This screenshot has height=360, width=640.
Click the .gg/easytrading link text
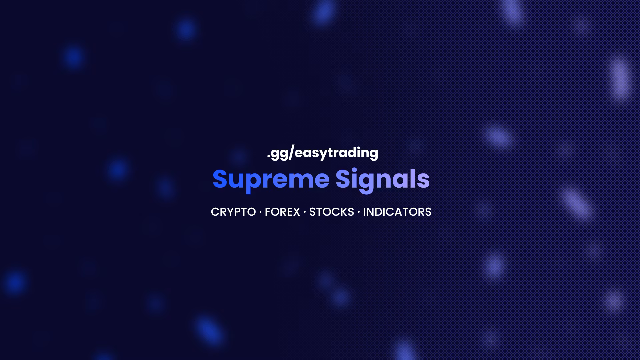[322, 153]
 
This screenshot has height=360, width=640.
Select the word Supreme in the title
[271, 180]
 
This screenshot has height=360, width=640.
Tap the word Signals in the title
[383, 180]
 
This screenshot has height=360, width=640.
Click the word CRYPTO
[233, 212]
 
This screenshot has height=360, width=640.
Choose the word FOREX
[282, 212]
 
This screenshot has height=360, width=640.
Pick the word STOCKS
[332, 212]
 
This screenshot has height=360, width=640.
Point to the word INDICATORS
[397, 212]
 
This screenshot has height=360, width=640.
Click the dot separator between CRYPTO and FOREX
[260, 212]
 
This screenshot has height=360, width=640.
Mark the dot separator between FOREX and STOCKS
[305, 212]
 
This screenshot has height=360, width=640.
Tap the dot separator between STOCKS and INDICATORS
[359, 212]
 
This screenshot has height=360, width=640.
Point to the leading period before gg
[268, 157]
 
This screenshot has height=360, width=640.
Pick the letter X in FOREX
[296, 212]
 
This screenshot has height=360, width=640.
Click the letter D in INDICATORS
[379, 212]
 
